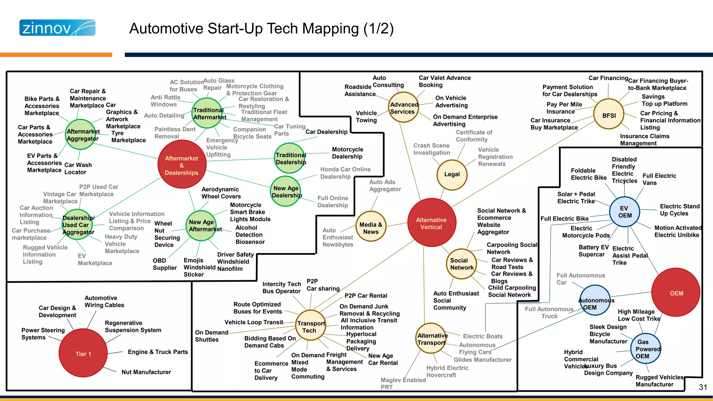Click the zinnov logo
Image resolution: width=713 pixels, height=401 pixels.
[x=57, y=28]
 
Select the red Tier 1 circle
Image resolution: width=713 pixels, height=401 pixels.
[x=83, y=353]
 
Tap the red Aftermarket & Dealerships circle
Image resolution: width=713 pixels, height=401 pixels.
[x=182, y=165]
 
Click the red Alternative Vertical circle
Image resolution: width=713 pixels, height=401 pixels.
[x=431, y=223]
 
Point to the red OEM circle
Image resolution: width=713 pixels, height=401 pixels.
[x=676, y=292]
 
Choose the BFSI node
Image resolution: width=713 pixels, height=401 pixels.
[x=609, y=115]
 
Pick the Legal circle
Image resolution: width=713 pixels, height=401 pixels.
[x=452, y=174]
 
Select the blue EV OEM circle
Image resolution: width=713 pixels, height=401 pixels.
[x=625, y=212]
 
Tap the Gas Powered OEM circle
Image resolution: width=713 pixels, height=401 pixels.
[x=645, y=349]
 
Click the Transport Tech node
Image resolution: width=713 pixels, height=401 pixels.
[x=311, y=326]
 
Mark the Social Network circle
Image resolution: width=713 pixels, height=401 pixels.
[x=462, y=264]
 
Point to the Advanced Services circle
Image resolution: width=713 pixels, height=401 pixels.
[x=403, y=108]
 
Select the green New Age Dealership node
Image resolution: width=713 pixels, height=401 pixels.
[x=286, y=191]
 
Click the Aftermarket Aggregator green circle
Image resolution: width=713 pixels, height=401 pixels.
[x=81, y=135]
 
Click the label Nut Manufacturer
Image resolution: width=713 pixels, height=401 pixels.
[x=146, y=372]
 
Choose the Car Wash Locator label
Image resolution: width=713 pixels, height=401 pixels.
[x=78, y=168]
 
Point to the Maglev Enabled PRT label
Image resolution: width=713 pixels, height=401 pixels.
[x=403, y=383]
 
